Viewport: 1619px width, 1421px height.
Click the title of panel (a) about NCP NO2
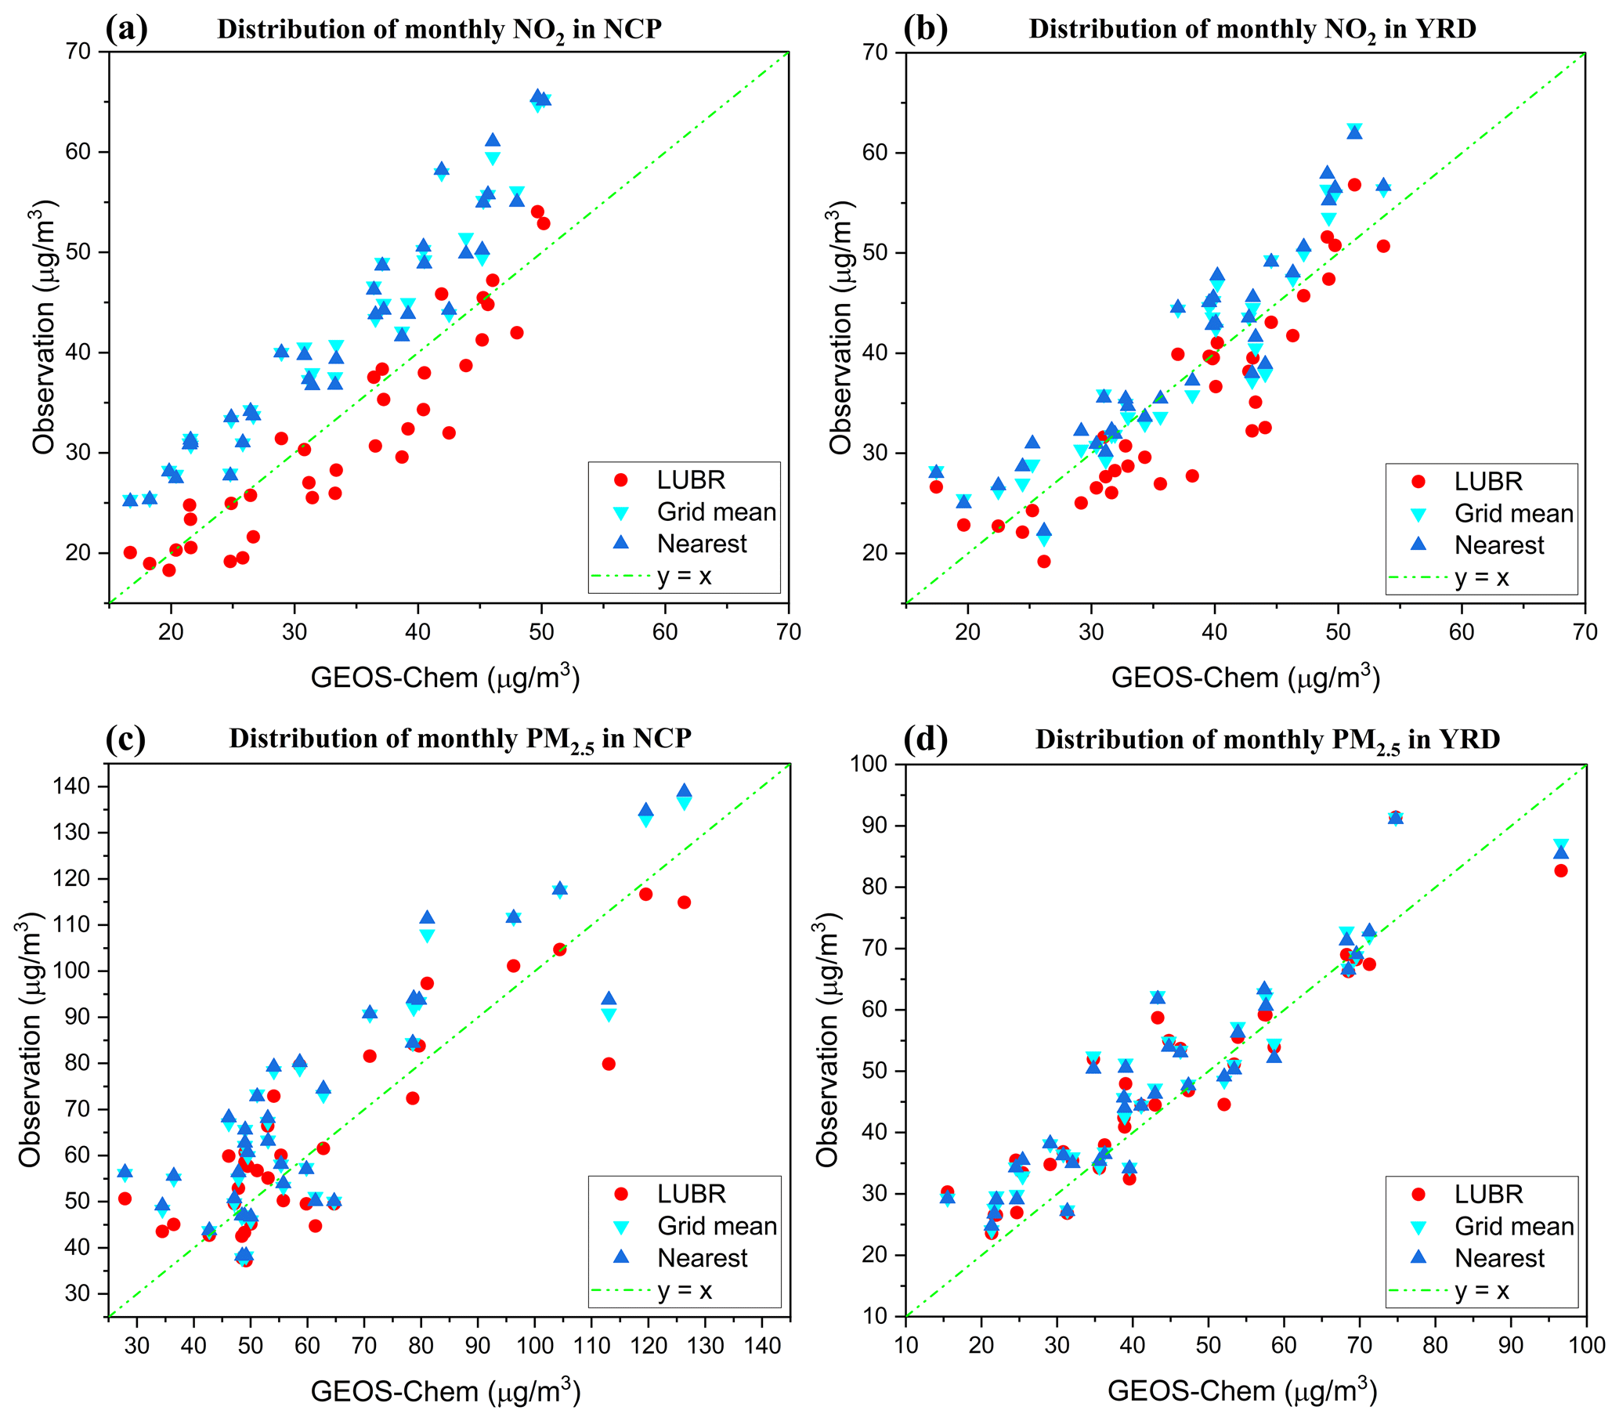coord(439,30)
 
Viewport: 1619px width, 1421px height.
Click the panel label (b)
coord(925,28)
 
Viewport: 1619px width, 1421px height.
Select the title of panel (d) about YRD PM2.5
coord(1267,739)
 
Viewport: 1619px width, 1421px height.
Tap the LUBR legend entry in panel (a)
coord(690,480)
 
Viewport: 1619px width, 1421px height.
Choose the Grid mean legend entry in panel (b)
coord(1512,514)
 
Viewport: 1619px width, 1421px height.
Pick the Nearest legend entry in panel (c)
coord(702,1258)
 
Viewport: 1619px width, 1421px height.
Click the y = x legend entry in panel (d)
coord(1481,1291)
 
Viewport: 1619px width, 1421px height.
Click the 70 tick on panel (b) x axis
coord(1585,632)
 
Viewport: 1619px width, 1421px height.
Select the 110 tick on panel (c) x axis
coord(591,1346)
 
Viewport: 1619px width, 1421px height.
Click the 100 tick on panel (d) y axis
coord(869,765)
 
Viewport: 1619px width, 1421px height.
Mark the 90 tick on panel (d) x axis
coord(1510,1346)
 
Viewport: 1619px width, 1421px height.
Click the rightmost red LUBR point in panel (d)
coord(1561,870)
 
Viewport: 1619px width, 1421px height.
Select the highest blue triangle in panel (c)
coord(685,790)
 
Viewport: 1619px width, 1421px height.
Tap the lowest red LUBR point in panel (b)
coord(1044,562)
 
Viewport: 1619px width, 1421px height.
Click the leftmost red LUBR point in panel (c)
coord(125,1199)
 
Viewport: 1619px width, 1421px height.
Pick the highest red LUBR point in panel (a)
coord(537,212)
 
